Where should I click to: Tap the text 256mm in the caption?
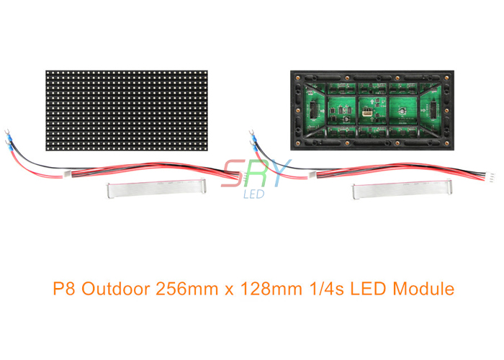[x=186, y=288]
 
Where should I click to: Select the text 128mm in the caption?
[x=270, y=288]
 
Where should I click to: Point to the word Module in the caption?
[x=423, y=288]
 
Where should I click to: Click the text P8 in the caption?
[x=63, y=288]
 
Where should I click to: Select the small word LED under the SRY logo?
[x=254, y=194]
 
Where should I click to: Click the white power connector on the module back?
[x=367, y=113]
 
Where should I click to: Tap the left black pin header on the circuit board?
[x=312, y=110]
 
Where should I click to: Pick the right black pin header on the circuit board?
[x=433, y=110]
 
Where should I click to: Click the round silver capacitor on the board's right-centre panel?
[x=402, y=111]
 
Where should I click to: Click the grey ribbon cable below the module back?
[x=402, y=189]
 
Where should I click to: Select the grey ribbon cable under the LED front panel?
[x=156, y=189]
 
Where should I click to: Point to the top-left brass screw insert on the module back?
[x=297, y=78]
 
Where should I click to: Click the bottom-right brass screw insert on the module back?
[x=446, y=143]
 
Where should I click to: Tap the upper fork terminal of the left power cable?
[x=6, y=132]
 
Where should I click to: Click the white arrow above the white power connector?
[x=372, y=102]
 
